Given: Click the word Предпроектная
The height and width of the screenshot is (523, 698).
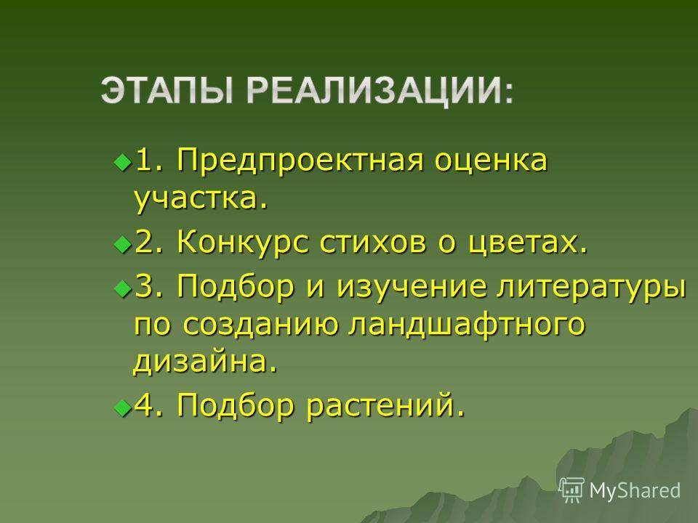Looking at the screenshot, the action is [300, 162].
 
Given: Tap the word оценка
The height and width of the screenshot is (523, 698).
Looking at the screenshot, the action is [491, 161].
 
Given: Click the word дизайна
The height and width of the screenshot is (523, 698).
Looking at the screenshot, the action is [205, 362].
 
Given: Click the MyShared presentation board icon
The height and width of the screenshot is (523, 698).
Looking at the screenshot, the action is [571, 490].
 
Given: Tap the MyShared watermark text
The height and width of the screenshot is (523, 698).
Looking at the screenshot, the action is [635, 491].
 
